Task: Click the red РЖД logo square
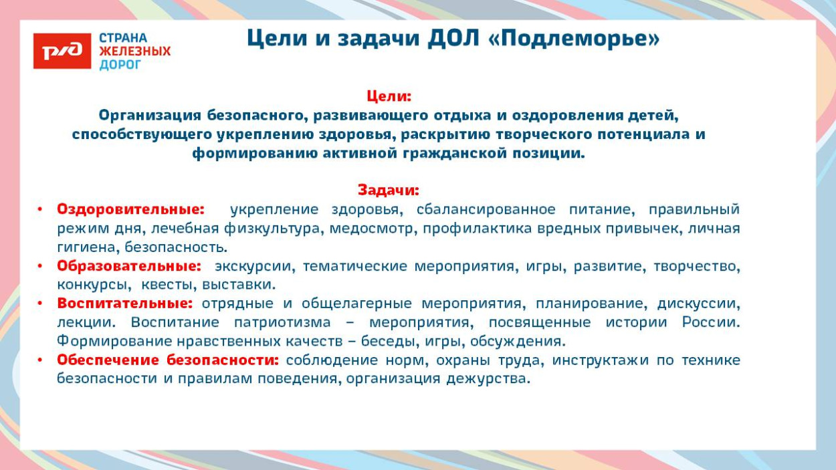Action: click(x=62, y=51)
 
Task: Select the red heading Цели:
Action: click(x=389, y=96)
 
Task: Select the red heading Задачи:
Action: click(x=389, y=191)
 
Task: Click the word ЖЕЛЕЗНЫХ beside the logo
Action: click(x=134, y=51)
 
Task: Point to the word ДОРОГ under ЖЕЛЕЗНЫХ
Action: click(x=120, y=65)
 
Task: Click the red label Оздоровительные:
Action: click(x=131, y=209)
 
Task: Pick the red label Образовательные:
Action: click(x=129, y=266)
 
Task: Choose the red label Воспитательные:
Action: click(x=125, y=304)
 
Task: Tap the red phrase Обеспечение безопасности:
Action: click(x=168, y=360)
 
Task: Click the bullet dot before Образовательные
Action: click(x=40, y=266)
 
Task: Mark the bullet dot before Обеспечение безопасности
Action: click(x=40, y=360)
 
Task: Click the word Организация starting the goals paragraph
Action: click(x=150, y=116)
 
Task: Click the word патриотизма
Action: click(x=282, y=322)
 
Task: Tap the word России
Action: click(x=711, y=322)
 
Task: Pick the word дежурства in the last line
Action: click(x=488, y=378)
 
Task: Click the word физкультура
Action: click(x=272, y=228)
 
